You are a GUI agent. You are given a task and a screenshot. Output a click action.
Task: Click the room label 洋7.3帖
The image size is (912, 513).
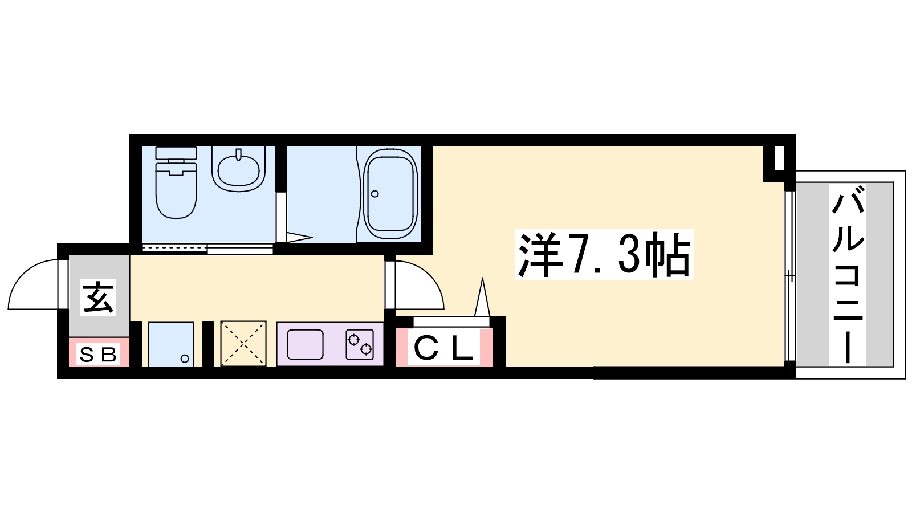click(x=604, y=254)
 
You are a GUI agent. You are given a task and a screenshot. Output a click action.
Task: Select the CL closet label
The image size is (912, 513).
click(x=444, y=348)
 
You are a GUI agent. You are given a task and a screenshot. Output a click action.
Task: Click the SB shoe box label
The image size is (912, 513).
click(x=98, y=354)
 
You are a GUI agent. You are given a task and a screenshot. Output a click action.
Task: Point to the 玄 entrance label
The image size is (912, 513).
click(x=98, y=297)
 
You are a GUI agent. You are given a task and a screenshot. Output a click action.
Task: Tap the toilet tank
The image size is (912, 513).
click(x=176, y=153)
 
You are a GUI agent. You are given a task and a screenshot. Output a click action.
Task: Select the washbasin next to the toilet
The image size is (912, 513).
click(x=239, y=169)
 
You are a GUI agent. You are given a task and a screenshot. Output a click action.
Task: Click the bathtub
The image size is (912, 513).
click(x=390, y=195)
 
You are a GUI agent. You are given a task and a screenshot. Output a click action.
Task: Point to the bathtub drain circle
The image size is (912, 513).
click(x=375, y=194)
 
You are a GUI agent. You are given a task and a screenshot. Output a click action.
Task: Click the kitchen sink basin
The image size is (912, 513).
click(x=306, y=344)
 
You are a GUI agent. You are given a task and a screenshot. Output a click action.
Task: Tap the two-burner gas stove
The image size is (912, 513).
click(x=360, y=344)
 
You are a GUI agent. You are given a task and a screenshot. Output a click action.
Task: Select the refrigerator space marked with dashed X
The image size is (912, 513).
click(x=243, y=344)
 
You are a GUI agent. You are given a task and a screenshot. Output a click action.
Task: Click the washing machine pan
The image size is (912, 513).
click(x=171, y=344)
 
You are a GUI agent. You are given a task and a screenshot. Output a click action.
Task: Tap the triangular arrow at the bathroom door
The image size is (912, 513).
click(x=300, y=238)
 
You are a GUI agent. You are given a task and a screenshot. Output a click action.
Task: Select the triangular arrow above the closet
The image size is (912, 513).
click(x=482, y=297)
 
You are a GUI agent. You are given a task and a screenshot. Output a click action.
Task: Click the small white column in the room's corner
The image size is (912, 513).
click(x=779, y=157)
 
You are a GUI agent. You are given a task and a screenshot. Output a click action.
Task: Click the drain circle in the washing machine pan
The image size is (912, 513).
click(x=185, y=359)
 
